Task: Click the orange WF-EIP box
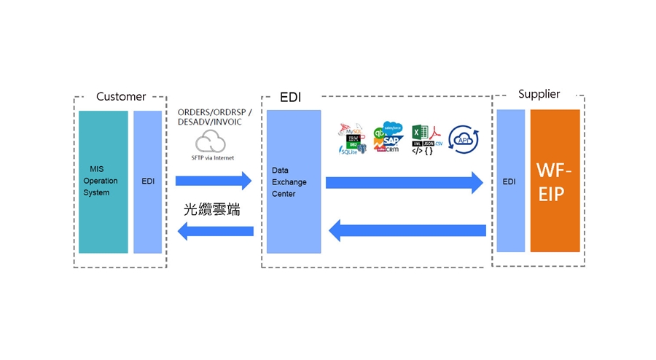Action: click(x=555, y=181)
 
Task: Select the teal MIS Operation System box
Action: click(x=103, y=181)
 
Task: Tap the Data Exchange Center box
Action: click(x=294, y=181)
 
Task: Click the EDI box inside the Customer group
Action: click(x=148, y=181)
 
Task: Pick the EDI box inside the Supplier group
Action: click(x=511, y=181)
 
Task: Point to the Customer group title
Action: click(x=121, y=96)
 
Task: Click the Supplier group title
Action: click(x=539, y=94)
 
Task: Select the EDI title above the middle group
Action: click(x=291, y=97)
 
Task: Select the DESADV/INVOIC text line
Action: click(x=209, y=122)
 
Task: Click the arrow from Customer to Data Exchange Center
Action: click(x=214, y=181)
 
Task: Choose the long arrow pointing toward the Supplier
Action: click(x=404, y=182)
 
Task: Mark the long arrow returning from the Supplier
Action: click(x=407, y=231)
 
